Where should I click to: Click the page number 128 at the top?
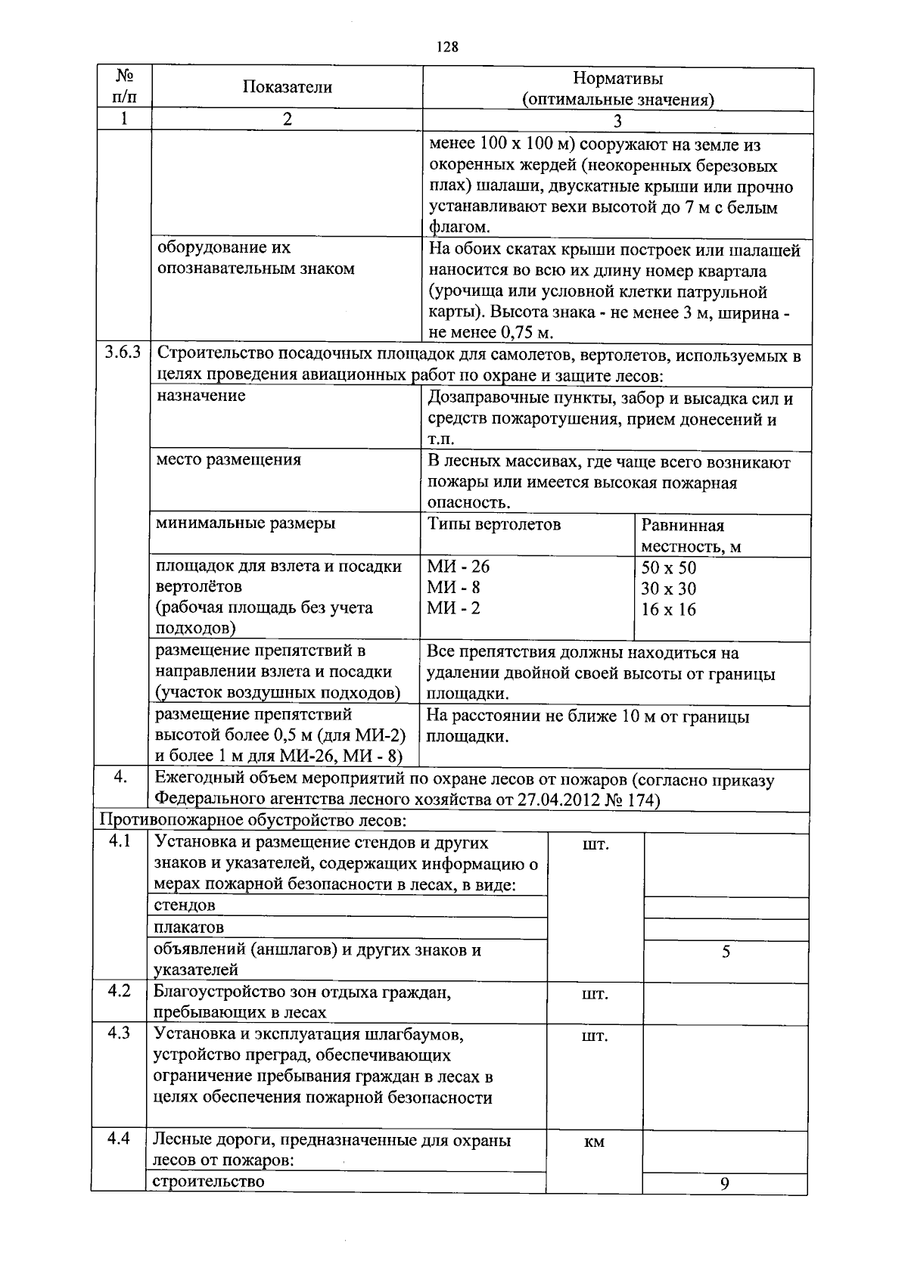(x=448, y=48)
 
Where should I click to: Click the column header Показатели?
(x=287, y=87)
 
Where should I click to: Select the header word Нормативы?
(x=617, y=78)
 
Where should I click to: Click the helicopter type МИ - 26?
(x=459, y=567)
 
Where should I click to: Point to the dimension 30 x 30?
(x=668, y=589)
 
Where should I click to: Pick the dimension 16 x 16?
(x=668, y=610)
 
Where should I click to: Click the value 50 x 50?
(x=668, y=568)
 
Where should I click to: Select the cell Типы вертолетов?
(x=493, y=524)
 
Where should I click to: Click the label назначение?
(x=201, y=396)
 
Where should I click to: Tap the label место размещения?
(x=228, y=459)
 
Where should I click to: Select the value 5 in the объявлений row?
(x=725, y=952)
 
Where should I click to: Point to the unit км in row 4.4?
(x=595, y=1142)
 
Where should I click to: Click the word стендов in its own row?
(x=184, y=905)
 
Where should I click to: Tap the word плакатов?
(x=188, y=927)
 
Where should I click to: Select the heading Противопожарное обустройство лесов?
(x=253, y=820)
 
